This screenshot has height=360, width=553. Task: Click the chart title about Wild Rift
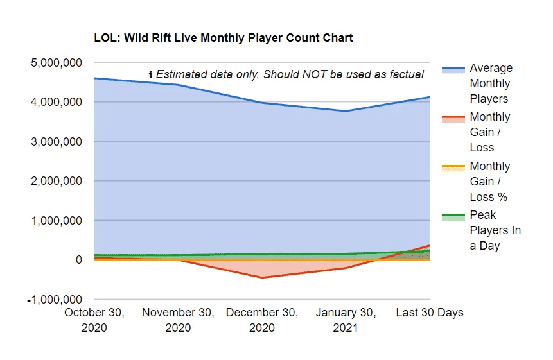coord(224,38)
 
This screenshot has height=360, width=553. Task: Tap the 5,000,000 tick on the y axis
coord(57,63)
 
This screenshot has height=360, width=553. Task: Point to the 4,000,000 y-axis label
coord(57,102)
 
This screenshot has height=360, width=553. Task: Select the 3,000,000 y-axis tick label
coord(57,142)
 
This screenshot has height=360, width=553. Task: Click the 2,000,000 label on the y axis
coord(57,181)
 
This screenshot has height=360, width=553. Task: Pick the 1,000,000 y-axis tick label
coord(57,221)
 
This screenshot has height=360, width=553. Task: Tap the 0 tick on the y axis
coord(78,260)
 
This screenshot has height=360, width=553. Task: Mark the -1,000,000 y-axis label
coord(55,300)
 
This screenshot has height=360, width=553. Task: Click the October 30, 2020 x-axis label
coord(94,320)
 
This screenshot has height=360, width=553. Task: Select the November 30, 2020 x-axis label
coord(178,320)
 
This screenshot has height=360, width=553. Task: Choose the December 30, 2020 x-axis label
coord(262,320)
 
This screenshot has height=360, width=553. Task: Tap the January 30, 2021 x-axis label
coord(346,320)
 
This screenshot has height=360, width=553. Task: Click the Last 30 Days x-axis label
coord(430,313)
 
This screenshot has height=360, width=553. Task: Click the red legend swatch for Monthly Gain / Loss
coord(453,119)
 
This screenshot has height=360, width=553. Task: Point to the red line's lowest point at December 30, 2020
coord(262,278)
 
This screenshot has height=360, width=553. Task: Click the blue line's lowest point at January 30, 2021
coord(346,111)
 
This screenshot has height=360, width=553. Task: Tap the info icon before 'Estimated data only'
coord(150,74)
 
